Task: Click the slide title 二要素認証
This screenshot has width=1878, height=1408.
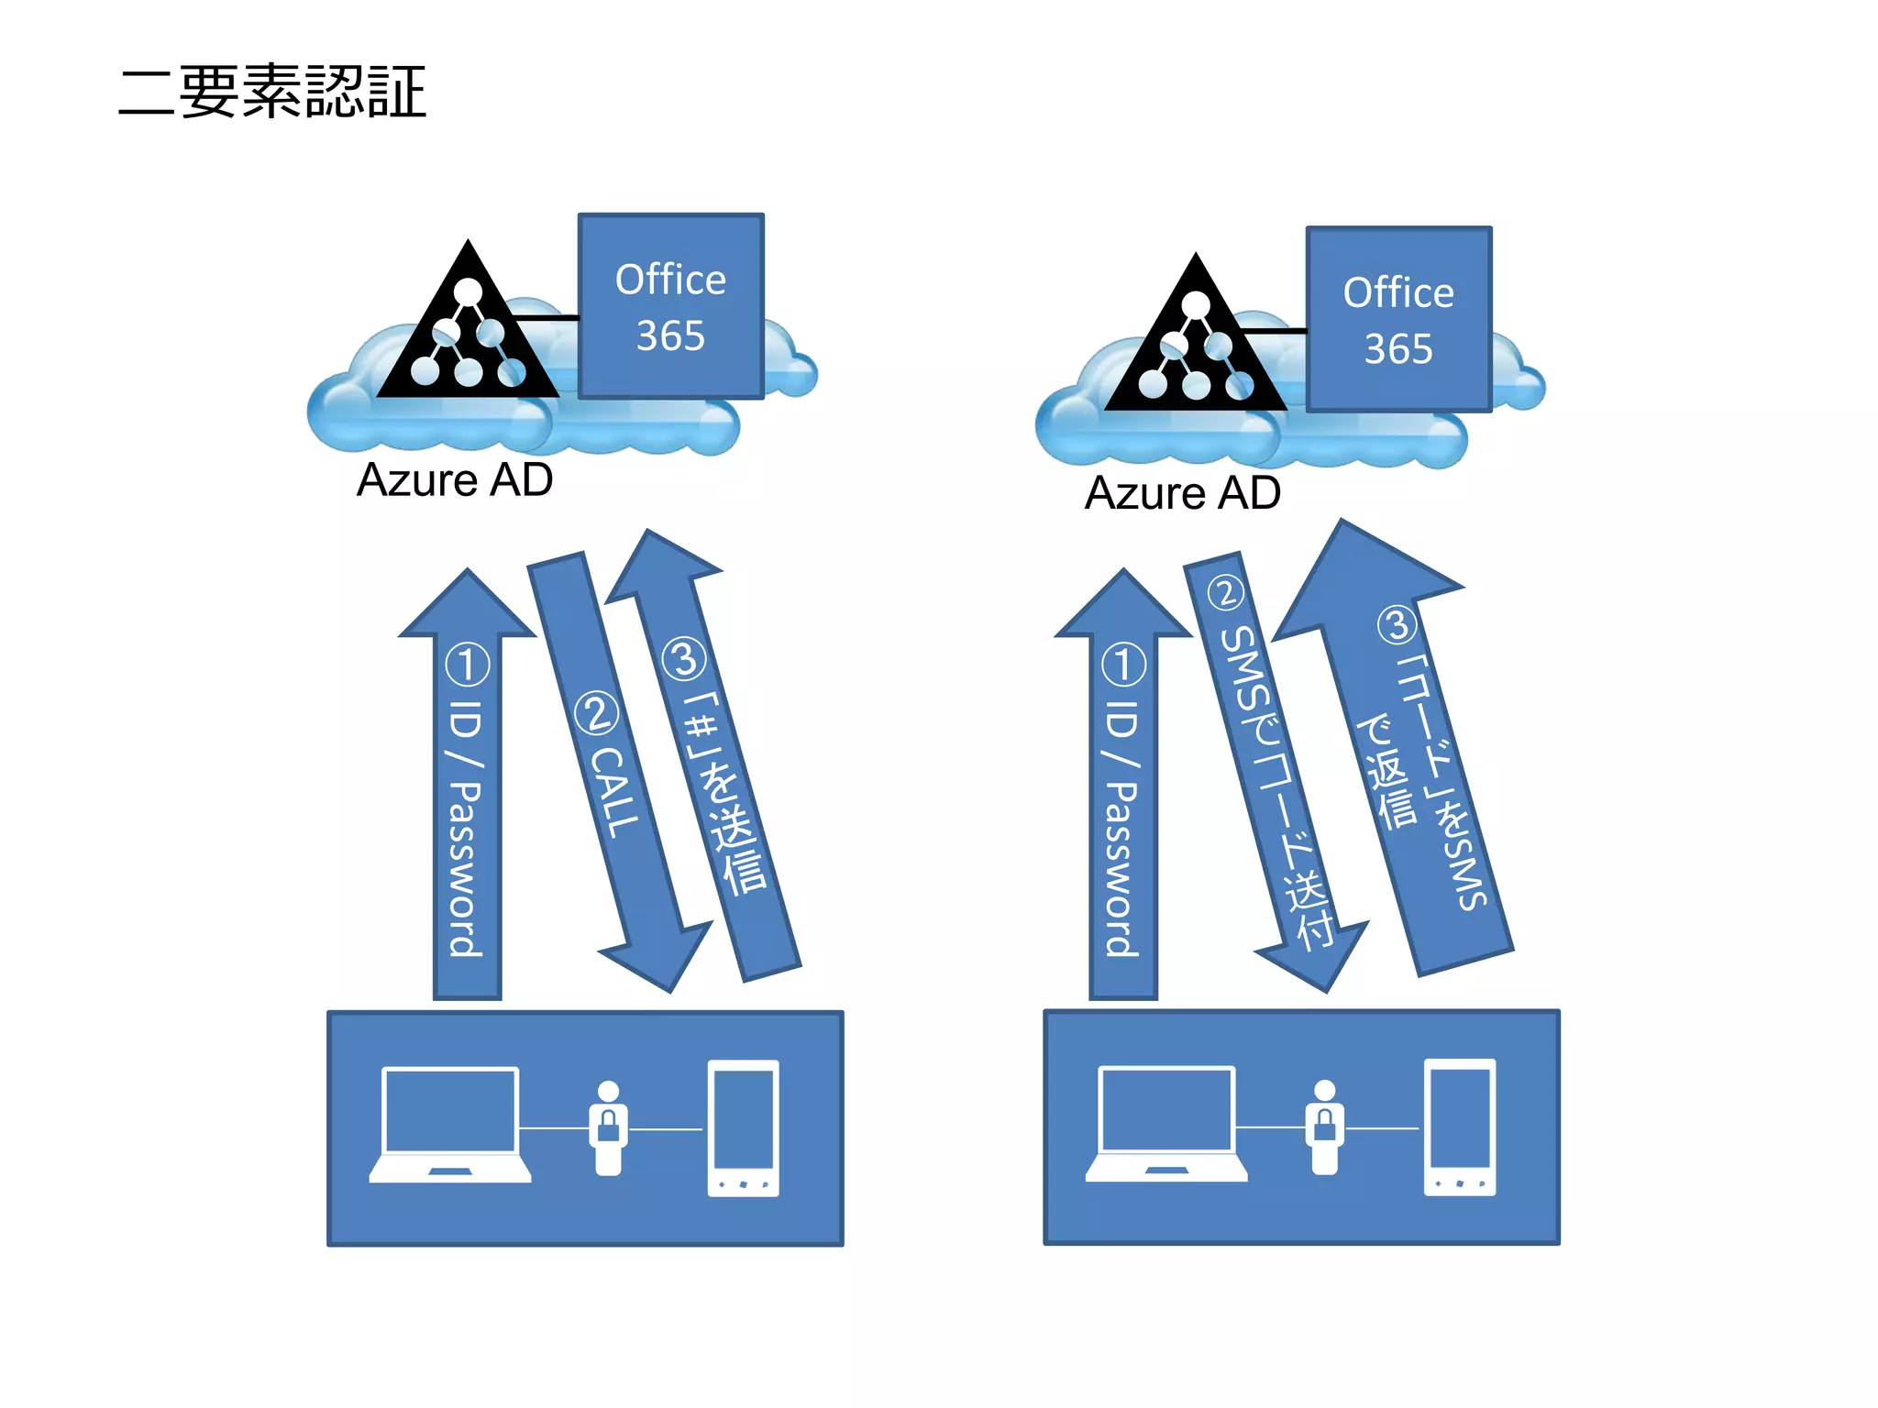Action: click(x=272, y=92)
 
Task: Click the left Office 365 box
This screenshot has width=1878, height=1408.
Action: click(x=670, y=306)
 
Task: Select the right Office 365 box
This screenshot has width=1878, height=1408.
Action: click(x=1398, y=319)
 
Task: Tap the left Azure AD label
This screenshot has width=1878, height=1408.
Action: click(x=455, y=479)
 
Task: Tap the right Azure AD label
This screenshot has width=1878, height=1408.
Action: click(x=1183, y=493)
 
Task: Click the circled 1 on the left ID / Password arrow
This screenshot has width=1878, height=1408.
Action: click(x=468, y=664)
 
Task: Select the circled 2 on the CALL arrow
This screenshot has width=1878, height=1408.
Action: click(x=596, y=713)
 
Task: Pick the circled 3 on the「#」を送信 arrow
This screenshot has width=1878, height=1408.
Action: click(x=684, y=658)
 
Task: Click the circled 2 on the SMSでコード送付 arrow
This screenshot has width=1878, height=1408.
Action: click(x=1225, y=592)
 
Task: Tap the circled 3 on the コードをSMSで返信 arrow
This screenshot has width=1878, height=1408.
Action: click(x=1397, y=625)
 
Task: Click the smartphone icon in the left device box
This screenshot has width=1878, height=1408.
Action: click(x=743, y=1127)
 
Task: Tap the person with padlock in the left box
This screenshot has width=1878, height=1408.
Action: click(x=608, y=1127)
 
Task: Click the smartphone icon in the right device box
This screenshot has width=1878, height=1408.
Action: click(x=1460, y=1127)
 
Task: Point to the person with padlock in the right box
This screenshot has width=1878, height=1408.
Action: click(x=1325, y=1127)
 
